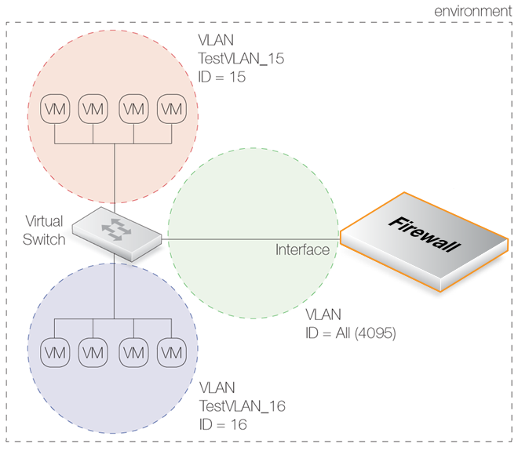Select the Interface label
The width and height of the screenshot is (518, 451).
pos(302,250)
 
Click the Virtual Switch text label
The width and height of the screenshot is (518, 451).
pos(44,230)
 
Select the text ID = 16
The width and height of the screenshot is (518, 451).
pos(224,424)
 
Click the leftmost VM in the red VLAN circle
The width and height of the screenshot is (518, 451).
pos(54,108)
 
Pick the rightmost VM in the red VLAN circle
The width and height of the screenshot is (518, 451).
pos(171,108)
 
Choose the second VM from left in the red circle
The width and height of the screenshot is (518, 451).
pos(93,108)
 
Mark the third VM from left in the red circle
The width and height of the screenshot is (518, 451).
pos(132,108)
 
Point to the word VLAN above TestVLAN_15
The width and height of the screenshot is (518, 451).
pos(218,39)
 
